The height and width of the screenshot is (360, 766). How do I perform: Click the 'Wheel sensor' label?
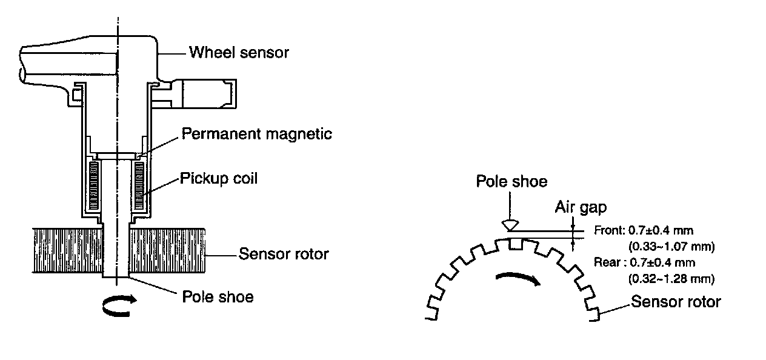239,53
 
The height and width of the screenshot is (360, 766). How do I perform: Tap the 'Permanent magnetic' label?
257,134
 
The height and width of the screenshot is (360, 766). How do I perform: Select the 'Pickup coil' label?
218,179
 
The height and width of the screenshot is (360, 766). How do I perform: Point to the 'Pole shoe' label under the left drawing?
218,297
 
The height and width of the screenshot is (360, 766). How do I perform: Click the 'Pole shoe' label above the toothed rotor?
511,181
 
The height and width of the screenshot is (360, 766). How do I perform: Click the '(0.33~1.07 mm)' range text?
669,247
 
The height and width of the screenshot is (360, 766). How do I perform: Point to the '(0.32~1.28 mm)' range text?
669,279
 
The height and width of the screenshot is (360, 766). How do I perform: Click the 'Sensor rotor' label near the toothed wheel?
676,301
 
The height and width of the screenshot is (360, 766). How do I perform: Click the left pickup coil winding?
94,185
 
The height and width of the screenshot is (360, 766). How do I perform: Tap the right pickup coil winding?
144,185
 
